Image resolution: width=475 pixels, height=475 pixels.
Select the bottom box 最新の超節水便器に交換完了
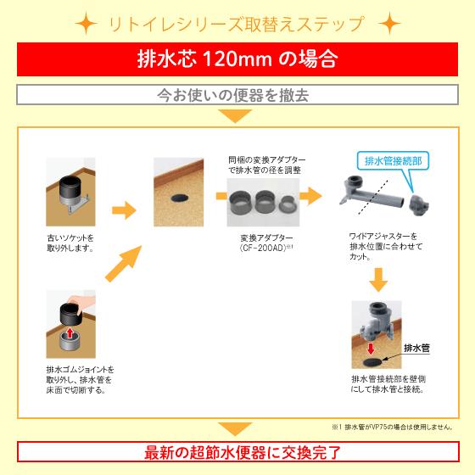237,450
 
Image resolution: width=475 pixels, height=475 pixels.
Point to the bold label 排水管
416,348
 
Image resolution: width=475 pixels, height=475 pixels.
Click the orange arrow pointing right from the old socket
124,209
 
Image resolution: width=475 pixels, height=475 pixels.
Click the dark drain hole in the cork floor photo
181,196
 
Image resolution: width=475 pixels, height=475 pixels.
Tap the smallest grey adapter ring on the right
288,204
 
